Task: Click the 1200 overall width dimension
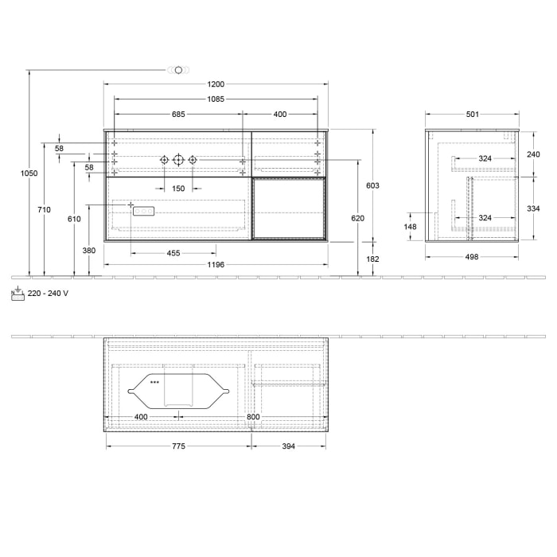tap(216, 84)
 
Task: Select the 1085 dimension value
tap(216, 99)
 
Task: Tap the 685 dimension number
tap(178, 115)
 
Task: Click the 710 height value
tap(44, 209)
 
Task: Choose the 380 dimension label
tap(88, 251)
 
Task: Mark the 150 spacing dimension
tap(178, 189)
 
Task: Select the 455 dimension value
tap(173, 253)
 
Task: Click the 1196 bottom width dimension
tap(216, 264)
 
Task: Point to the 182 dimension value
tap(373, 259)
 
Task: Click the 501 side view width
tap(472, 115)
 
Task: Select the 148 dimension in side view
tap(411, 226)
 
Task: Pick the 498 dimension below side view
tap(472, 257)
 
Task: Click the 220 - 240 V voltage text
tap(48, 294)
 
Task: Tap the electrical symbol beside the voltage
tap(18, 294)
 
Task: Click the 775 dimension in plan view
tap(178, 446)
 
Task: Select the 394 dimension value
tap(288, 446)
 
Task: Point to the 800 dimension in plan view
tap(253, 417)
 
